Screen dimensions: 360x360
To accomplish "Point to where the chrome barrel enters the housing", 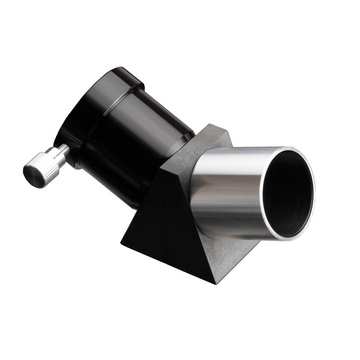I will [x=198, y=189].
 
